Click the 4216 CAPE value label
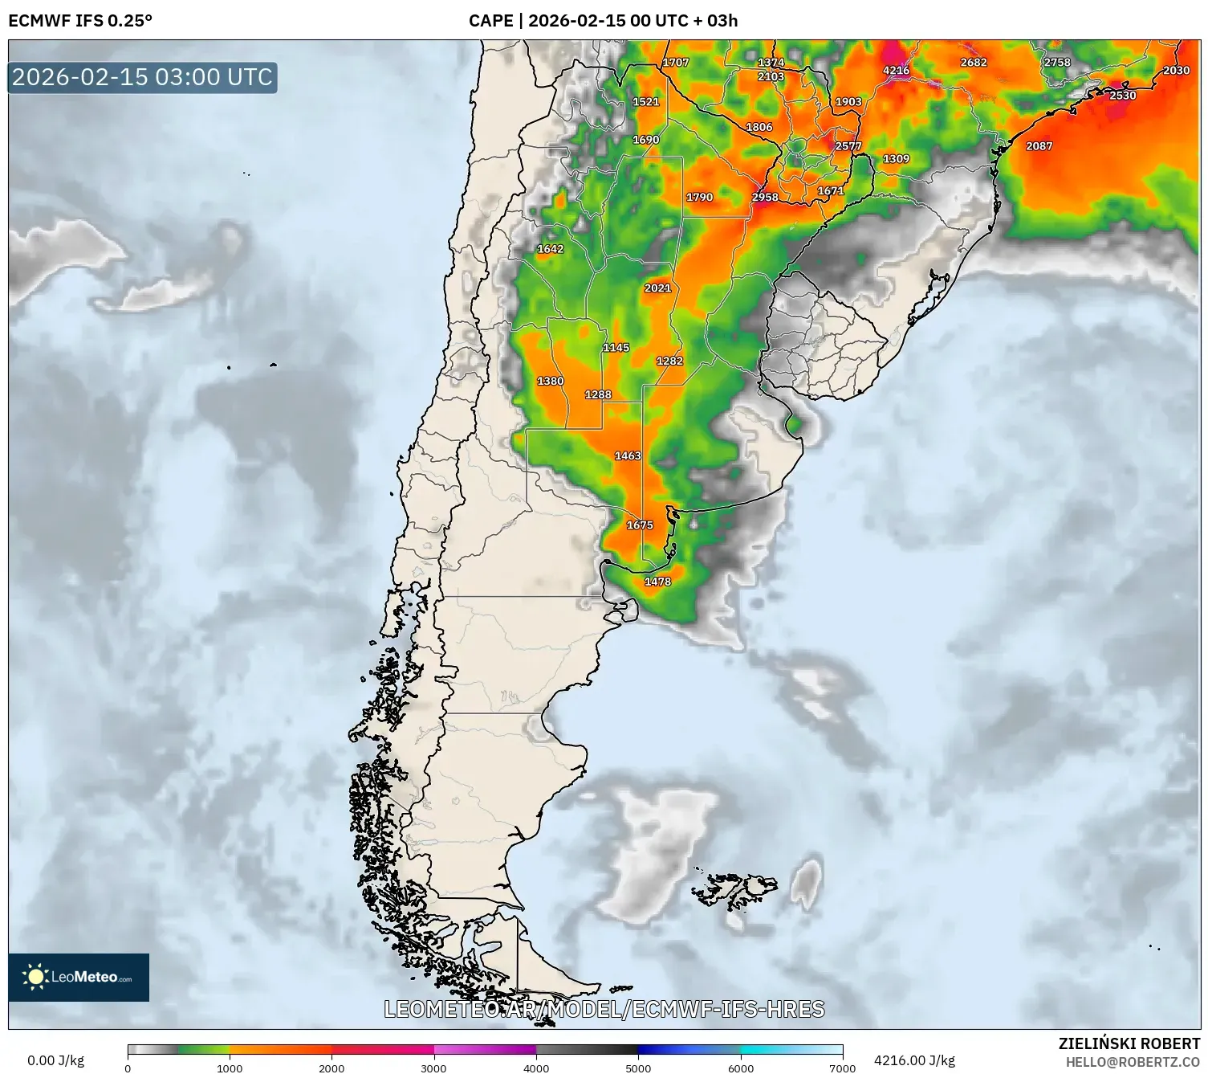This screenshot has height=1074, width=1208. tap(896, 71)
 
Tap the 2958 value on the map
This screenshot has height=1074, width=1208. tap(765, 198)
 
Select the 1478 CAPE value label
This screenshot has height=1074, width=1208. tap(657, 582)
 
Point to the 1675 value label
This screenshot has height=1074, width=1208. tap(640, 525)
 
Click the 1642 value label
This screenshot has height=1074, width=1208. tap(550, 249)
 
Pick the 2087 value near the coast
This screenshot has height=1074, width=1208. tap(1039, 146)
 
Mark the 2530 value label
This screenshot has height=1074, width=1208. tap(1122, 96)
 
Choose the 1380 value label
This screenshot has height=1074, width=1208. tap(550, 382)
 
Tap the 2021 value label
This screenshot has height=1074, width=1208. tap(657, 288)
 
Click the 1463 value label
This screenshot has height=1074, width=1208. tap(628, 456)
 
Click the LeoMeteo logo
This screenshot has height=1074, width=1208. tap(79, 977)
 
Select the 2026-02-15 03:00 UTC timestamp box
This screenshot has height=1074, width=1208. tap(142, 77)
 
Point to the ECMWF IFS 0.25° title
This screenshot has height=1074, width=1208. tap(80, 21)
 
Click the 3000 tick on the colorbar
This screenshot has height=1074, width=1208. tap(434, 1068)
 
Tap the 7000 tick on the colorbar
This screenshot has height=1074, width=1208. tap(842, 1068)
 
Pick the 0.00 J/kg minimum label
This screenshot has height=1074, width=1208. tap(55, 1060)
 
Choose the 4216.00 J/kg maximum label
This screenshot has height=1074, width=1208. tap(914, 1060)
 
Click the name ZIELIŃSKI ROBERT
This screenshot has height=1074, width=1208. tap(1129, 1043)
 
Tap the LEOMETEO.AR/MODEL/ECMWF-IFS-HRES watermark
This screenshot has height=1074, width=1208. tap(604, 1009)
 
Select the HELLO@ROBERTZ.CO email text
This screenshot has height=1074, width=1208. tap(1133, 1062)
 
